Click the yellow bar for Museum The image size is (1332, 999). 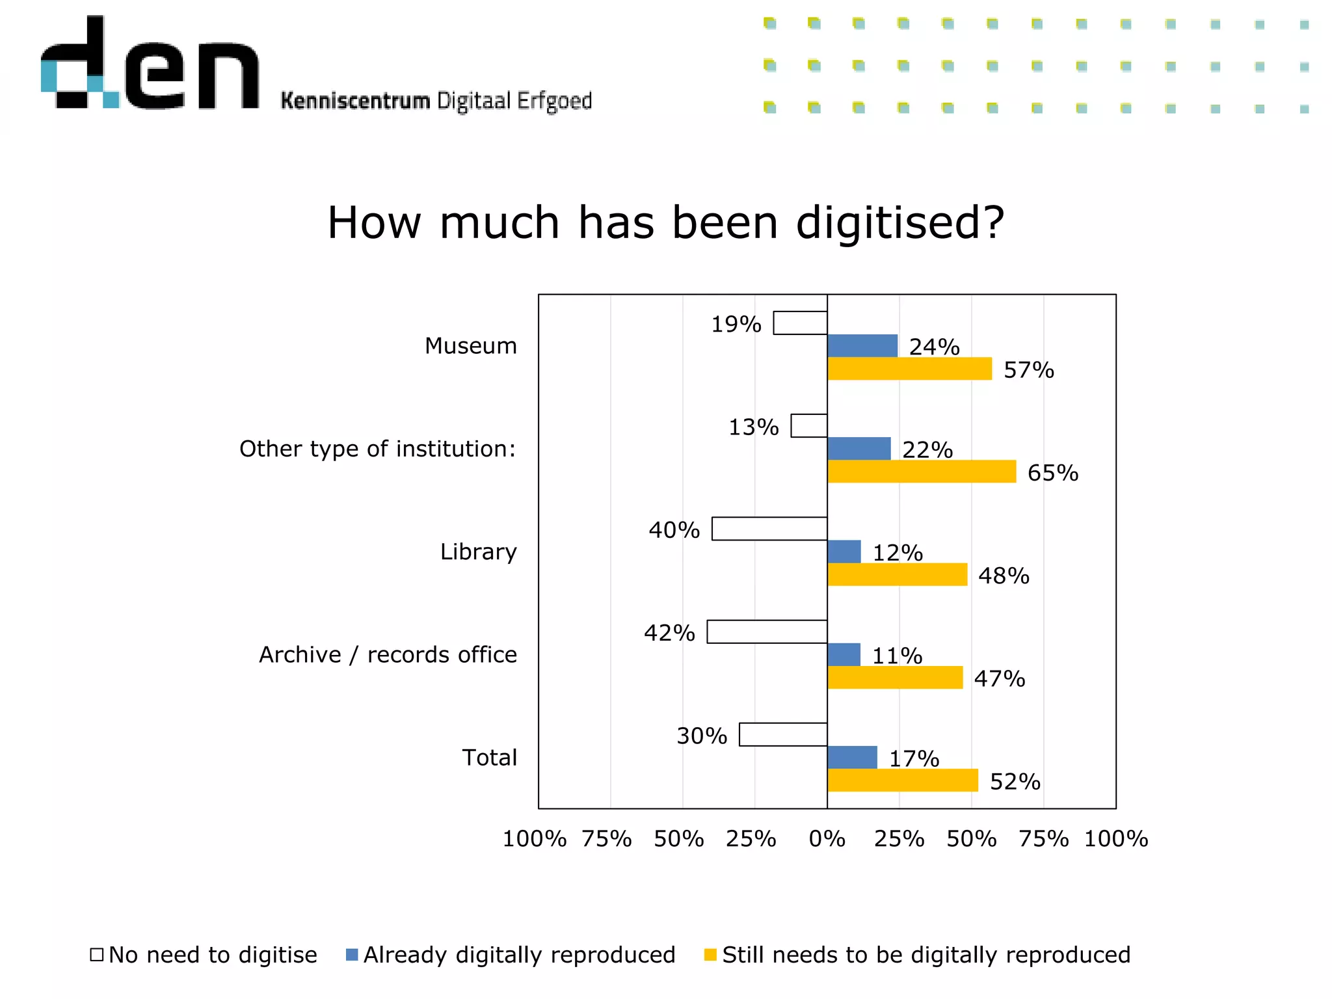tap(909, 369)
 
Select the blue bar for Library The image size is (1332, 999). tap(844, 552)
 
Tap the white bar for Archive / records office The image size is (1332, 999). tap(767, 632)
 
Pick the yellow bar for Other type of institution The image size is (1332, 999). tap(921, 472)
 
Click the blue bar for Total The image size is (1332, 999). tap(852, 757)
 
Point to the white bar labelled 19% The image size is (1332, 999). tap(800, 323)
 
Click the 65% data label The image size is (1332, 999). tap(1052, 473)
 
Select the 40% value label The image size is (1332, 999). tap(674, 530)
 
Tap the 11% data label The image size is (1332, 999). tap(897, 656)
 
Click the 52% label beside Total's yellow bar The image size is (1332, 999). tap(1015, 782)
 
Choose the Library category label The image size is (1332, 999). tap(478, 552)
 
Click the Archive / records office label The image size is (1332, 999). tap(388, 654)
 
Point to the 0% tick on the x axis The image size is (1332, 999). tap(827, 839)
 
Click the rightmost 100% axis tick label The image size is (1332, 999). tap(1115, 839)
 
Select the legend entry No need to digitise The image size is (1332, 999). tap(212, 955)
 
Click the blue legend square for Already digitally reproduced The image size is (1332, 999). tap(352, 955)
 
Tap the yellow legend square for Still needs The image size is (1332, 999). tap(710, 955)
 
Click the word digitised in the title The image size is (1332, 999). tap(900, 223)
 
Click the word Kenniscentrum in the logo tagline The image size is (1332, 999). tap(355, 101)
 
